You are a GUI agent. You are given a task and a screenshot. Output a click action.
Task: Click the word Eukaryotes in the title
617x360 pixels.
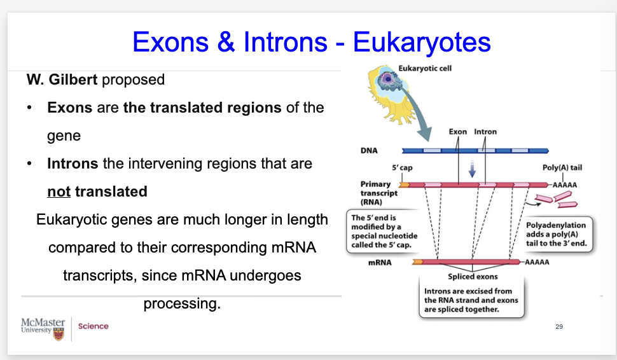click(x=422, y=43)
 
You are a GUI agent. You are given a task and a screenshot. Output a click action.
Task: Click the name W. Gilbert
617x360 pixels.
click(x=62, y=80)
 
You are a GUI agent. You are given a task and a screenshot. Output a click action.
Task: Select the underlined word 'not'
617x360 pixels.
click(x=59, y=191)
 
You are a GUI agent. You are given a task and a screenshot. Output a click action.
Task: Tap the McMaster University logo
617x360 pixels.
click(x=43, y=329)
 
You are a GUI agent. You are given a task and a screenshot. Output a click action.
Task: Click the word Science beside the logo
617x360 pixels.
click(x=94, y=326)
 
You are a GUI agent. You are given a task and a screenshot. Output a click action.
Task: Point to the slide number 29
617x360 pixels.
click(x=559, y=326)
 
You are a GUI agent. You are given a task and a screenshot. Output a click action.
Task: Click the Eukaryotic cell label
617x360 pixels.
click(x=425, y=69)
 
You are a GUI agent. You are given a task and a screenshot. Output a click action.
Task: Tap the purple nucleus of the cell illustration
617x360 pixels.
click(x=388, y=79)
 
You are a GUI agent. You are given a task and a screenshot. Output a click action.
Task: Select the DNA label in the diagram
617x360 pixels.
click(x=369, y=151)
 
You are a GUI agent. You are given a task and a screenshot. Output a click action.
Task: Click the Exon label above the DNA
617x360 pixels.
click(x=457, y=132)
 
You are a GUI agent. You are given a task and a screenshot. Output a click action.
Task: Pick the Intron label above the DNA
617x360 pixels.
click(x=485, y=132)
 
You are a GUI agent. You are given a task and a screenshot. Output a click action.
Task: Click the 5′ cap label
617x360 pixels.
click(x=402, y=168)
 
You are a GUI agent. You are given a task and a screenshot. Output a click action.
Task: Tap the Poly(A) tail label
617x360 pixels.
click(x=562, y=168)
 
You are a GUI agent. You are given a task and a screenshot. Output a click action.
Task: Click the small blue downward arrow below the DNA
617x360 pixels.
click(x=472, y=169)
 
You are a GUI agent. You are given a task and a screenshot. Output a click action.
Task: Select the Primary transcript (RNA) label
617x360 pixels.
click(x=379, y=193)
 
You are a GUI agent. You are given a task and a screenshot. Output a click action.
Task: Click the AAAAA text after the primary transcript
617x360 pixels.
click(x=565, y=185)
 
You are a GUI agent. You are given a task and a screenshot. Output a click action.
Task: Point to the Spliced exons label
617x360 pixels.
click(x=473, y=277)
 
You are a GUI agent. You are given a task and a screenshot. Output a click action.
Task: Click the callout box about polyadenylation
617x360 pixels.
click(x=557, y=234)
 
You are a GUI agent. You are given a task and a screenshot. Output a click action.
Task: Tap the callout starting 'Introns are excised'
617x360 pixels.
click(x=471, y=300)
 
